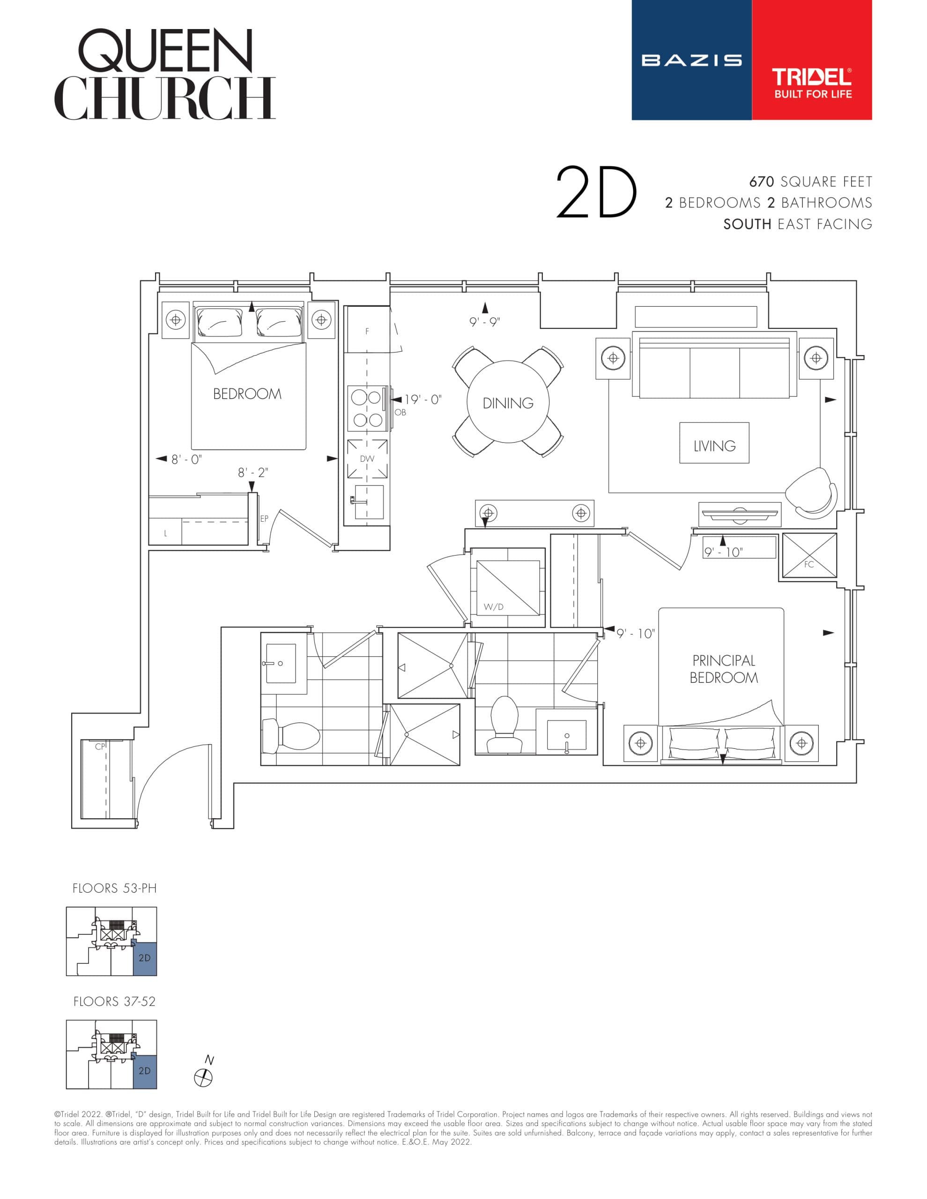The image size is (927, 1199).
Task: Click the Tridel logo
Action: coord(811,82)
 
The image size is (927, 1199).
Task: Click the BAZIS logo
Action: coord(691,60)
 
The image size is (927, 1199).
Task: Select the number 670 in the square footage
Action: coord(761,182)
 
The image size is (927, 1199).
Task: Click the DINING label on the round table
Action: coord(507,404)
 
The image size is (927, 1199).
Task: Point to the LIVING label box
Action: coord(714,446)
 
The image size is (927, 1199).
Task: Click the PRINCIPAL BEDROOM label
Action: coord(723,669)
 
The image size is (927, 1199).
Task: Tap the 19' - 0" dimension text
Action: coord(423,400)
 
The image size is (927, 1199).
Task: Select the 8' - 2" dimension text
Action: coord(253,472)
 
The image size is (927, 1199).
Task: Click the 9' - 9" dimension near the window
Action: coord(484,322)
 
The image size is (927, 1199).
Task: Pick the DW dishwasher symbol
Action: coord(367,459)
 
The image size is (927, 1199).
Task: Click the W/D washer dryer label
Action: coord(493,607)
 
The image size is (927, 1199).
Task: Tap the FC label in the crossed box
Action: coord(808,564)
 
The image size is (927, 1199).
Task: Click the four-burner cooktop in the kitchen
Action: coord(367,408)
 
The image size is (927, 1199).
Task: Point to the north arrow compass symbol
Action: coord(204,1077)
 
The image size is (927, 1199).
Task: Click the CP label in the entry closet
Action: coord(100,747)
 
